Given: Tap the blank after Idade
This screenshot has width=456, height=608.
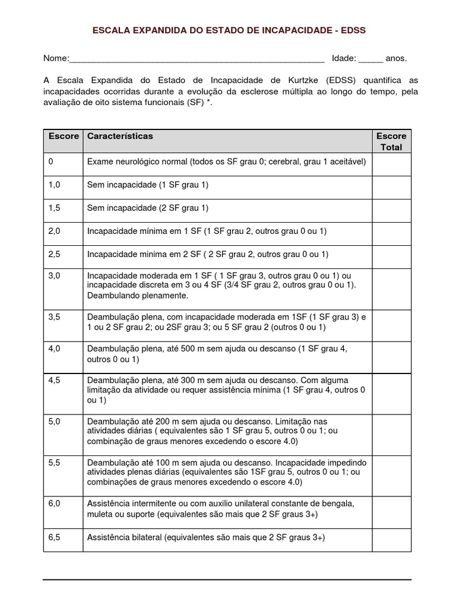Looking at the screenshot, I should (x=370, y=59).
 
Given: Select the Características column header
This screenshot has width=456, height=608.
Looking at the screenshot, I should (x=120, y=136).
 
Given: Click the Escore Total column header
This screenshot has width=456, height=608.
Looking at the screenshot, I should (x=391, y=141).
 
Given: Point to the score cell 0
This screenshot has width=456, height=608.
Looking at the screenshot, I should (x=51, y=161).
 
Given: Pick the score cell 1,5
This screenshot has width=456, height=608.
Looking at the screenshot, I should (x=54, y=208).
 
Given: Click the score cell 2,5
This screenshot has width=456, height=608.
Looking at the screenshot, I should (x=54, y=254).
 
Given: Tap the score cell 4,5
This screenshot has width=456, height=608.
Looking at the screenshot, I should (x=54, y=380).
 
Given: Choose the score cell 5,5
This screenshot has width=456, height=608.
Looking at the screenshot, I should (x=54, y=462).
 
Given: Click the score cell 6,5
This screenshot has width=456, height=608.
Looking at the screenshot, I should (x=54, y=537).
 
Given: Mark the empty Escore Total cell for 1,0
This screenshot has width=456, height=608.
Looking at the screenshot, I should (x=391, y=188).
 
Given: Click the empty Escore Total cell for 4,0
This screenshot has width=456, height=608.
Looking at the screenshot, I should (x=391, y=357).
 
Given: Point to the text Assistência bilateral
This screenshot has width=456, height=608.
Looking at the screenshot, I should (x=124, y=537).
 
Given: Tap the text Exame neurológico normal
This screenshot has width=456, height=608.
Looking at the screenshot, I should (x=137, y=161).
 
